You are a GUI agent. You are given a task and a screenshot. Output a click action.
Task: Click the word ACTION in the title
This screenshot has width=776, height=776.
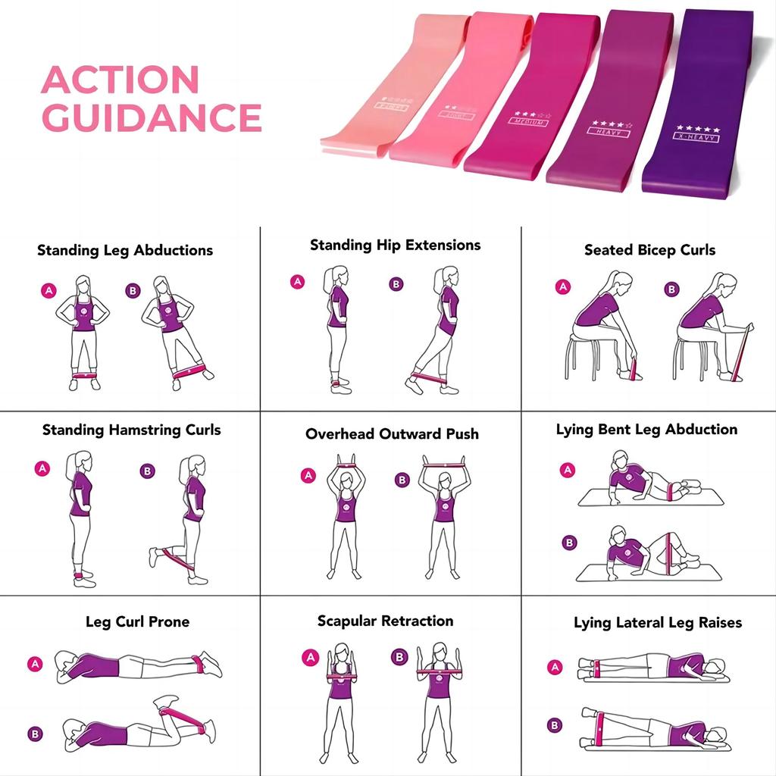pyautogui.click(x=120, y=80)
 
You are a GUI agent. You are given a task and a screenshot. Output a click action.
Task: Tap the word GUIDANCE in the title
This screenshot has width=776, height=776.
pyautogui.click(x=152, y=117)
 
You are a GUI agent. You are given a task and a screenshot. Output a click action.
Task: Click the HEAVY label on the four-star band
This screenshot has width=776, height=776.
pyautogui.click(x=609, y=132)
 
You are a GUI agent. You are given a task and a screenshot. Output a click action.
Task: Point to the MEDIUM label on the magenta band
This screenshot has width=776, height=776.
pyautogui.click(x=529, y=120)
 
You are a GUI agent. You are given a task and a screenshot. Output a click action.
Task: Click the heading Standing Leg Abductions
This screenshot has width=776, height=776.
pyautogui.click(x=125, y=250)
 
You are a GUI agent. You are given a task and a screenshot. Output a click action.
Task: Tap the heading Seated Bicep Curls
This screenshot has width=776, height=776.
pyautogui.click(x=649, y=249)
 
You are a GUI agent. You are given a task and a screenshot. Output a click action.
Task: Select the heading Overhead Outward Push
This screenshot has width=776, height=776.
pyautogui.click(x=392, y=434)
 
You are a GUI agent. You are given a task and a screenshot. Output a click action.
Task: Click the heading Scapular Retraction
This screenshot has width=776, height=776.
pyautogui.click(x=385, y=621)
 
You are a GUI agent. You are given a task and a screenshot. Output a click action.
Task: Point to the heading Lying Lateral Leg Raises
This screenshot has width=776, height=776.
pyautogui.click(x=657, y=623)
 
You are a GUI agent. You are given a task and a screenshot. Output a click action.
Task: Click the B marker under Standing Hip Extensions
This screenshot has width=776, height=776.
pyautogui.click(x=396, y=284)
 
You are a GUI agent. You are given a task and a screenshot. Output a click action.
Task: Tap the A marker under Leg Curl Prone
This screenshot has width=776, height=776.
pyautogui.click(x=35, y=664)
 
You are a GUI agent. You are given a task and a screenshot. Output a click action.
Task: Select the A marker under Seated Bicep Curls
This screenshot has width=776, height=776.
pyautogui.click(x=562, y=286)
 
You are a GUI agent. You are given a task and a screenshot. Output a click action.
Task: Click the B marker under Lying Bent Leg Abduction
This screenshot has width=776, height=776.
pyautogui.click(x=568, y=543)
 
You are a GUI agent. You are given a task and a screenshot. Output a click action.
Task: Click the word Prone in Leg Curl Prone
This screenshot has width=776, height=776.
pyautogui.click(x=168, y=622)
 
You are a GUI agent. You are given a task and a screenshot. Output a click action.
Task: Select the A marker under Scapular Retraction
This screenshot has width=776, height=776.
pyautogui.click(x=310, y=657)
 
